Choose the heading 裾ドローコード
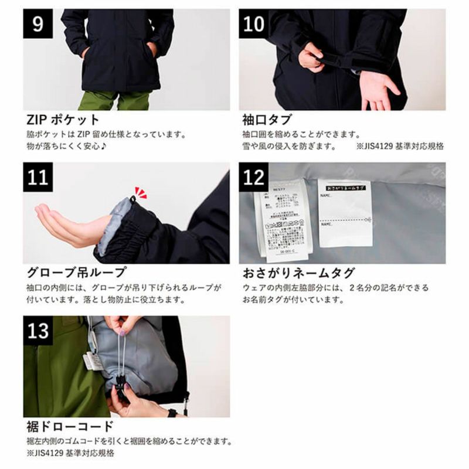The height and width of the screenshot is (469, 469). [x=69, y=426]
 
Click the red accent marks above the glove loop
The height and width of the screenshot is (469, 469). [x=140, y=191]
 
